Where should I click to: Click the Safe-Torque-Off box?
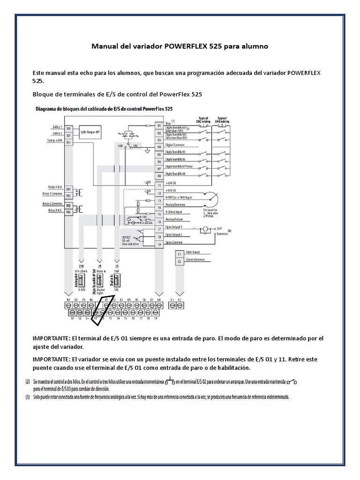tap(90, 132)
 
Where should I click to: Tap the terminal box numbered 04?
tap(159, 147)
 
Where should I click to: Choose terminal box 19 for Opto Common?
tap(159, 244)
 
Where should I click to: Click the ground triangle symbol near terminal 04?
tap(148, 151)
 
